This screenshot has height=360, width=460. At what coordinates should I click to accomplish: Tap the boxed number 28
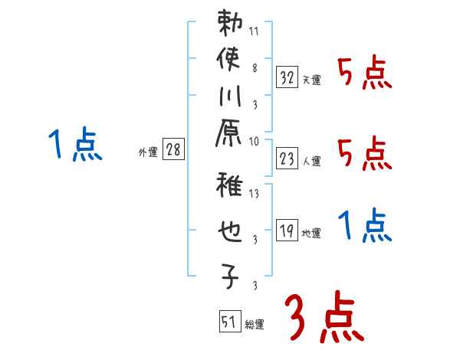coord(173,150)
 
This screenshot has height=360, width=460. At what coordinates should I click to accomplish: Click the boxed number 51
coord(228,322)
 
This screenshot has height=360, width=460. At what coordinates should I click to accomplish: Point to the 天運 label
coord(311,80)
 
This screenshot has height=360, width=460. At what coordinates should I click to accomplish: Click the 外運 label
coord(148,152)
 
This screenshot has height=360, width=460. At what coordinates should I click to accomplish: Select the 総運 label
coord(254,325)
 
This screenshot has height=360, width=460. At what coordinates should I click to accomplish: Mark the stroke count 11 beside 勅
coord(254,33)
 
